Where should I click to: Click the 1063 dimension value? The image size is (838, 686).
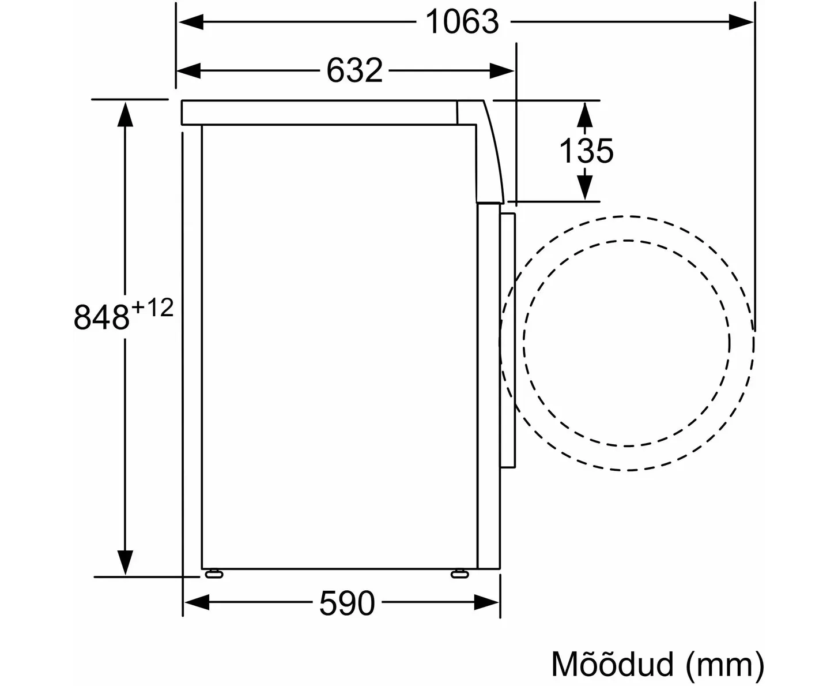point(462,23)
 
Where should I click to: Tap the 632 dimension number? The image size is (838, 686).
point(354,71)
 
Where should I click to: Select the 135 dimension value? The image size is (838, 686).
point(586,151)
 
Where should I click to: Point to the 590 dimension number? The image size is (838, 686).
point(347,603)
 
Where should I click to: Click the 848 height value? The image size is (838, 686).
point(101,317)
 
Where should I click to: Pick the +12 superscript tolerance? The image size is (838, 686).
point(153,308)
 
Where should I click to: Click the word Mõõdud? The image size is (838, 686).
point(612,664)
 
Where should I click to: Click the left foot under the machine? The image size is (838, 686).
point(214,574)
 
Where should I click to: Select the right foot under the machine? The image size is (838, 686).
point(460,574)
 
